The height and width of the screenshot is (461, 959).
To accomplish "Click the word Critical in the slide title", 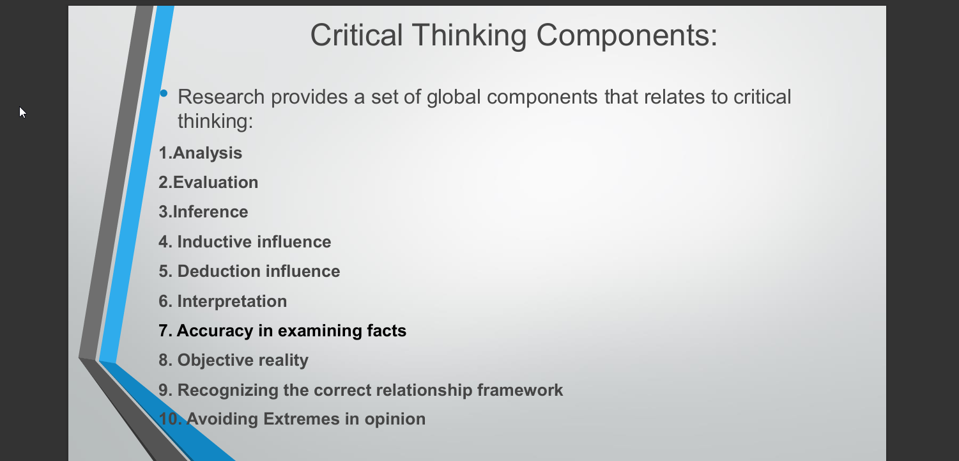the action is pyautogui.click(x=357, y=35).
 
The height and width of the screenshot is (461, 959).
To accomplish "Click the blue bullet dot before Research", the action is pyautogui.click(x=164, y=93).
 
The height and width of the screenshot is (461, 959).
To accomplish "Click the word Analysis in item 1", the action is pyautogui.click(x=207, y=153).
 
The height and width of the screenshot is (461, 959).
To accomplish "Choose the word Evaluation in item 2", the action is pyautogui.click(x=215, y=182).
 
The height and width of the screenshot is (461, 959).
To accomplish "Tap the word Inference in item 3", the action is pyautogui.click(x=210, y=212).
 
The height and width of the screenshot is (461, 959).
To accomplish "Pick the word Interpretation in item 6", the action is pyautogui.click(x=232, y=302).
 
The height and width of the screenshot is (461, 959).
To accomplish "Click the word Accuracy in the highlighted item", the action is pyautogui.click(x=215, y=331).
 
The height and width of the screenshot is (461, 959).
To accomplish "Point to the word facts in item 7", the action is pyautogui.click(x=387, y=331).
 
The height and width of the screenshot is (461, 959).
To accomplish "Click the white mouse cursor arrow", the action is pyautogui.click(x=22, y=113).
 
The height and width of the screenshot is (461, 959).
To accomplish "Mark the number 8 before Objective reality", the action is pyautogui.click(x=163, y=361).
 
